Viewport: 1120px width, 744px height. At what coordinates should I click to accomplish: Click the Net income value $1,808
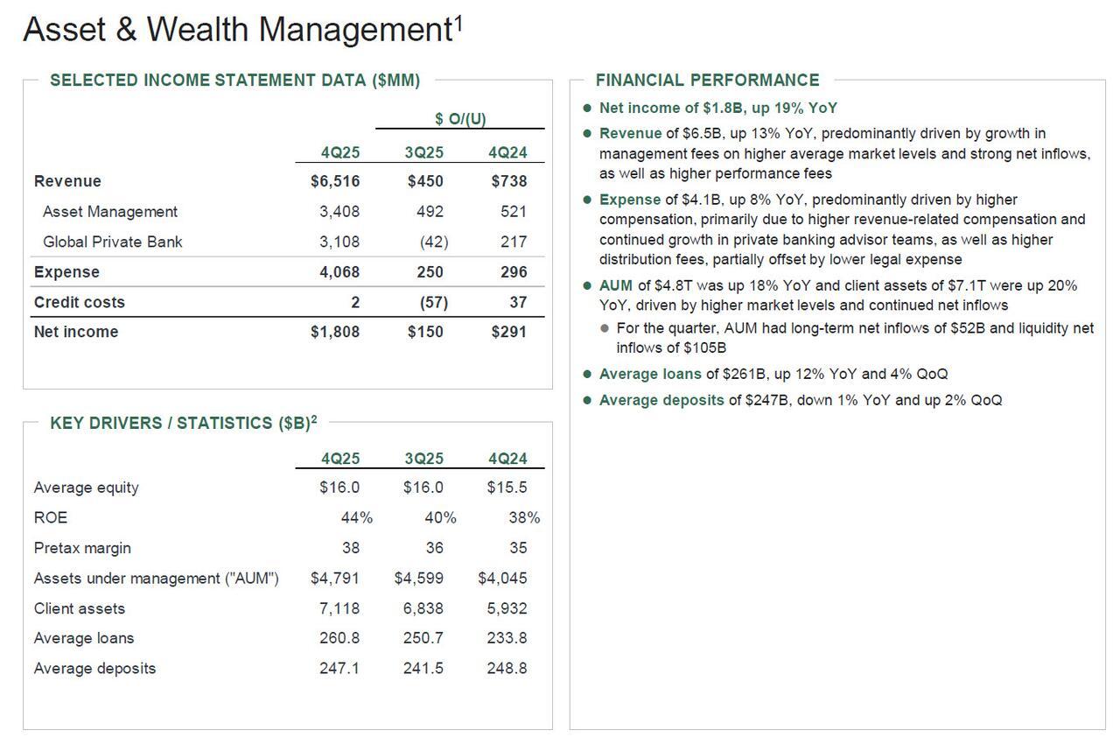click(x=335, y=332)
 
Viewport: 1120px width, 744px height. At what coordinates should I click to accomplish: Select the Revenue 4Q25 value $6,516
click(x=335, y=181)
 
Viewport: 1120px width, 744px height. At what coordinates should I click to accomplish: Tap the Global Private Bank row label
click(x=112, y=242)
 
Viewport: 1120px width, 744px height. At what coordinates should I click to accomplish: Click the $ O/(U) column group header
click(x=460, y=119)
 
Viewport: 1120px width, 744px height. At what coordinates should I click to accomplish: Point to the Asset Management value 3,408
click(x=339, y=212)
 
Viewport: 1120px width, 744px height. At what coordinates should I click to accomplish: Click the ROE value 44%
click(x=356, y=518)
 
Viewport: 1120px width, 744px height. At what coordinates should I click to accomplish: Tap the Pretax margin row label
click(x=82, y=548)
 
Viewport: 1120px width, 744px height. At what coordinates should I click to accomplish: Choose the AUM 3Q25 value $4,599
click(x=419, y=579)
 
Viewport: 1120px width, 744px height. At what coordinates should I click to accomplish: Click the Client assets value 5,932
click(x=507, y=608)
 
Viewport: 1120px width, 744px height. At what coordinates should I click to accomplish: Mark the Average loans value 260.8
click(x=339, y=638)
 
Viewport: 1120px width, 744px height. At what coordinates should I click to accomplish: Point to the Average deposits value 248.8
click(x=507, y=669)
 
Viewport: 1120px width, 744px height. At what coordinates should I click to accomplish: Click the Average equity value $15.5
click(x=507, y=488)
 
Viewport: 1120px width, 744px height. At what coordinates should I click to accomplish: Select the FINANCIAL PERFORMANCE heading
click(x=707, y=81)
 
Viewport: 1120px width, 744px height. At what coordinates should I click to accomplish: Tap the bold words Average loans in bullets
click(x=650, y=374)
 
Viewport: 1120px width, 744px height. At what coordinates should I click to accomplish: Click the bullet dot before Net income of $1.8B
click(x=587, y=109)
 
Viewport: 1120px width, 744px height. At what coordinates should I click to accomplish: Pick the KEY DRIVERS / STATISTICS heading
click(x=179, y=424)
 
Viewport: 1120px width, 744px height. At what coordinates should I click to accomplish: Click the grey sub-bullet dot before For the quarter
click(x=605, y=328)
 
